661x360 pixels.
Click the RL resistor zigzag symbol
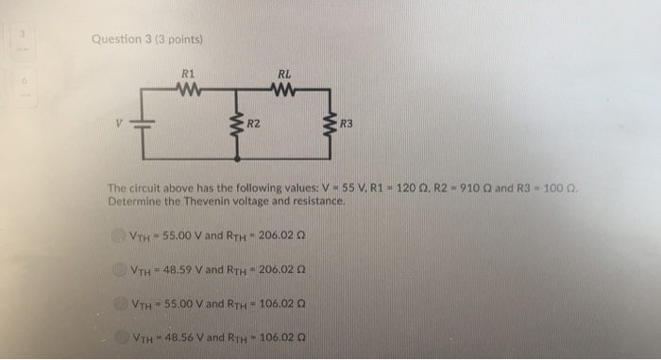click(284, 91)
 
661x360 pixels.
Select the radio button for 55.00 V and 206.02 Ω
click(118, 234)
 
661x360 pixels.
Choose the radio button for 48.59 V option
click(122, 269)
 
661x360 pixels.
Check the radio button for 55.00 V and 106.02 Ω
click(122, 304)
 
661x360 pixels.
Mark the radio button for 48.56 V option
click(122, 338)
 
